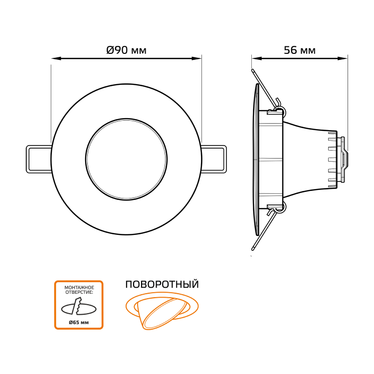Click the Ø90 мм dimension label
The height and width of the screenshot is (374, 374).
[127, 50]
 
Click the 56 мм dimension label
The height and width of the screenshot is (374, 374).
[300, 50]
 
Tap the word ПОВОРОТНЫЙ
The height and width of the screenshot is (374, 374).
[162, 285]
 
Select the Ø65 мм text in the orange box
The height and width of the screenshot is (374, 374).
[79, 323]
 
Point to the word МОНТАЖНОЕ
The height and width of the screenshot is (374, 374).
[79, 288]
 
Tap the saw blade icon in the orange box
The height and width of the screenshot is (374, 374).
[78, 306]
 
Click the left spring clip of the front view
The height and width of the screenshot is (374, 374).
[38, 159]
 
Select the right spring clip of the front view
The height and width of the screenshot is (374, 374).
[214, 159]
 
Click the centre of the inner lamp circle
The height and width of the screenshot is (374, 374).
[127, 160]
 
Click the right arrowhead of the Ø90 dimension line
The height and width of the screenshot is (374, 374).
[197, 58]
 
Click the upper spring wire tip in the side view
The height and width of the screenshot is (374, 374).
[253, 70]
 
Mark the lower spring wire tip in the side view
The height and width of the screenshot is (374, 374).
[253, 249]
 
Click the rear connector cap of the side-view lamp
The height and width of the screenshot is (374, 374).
[344, 160]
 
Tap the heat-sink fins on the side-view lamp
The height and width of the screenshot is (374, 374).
[332, 160]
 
